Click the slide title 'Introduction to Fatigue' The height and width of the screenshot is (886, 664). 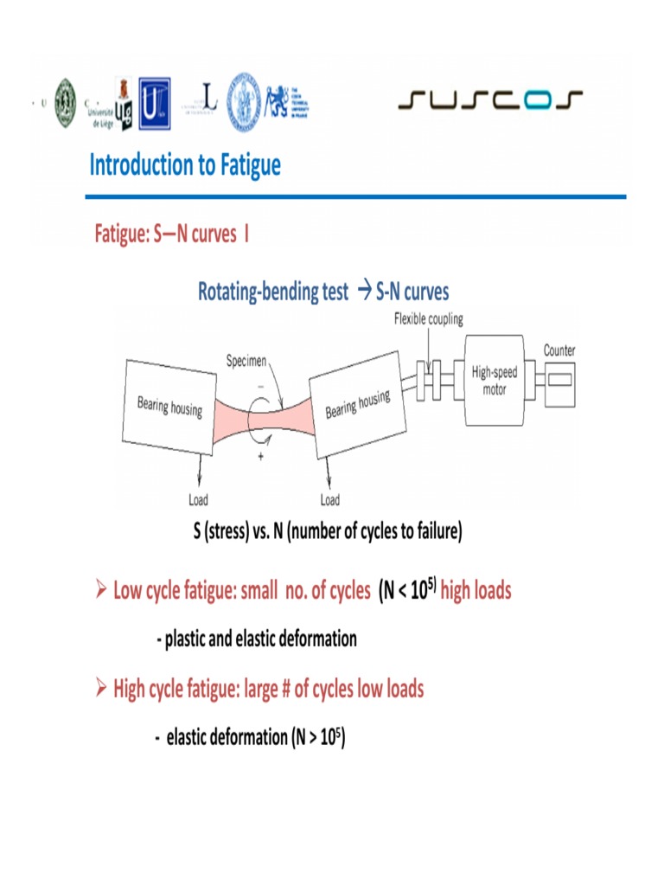pyautogui.click(x=185, y=165)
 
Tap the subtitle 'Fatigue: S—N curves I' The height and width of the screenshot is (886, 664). pyautogui.click(x=172, y=234)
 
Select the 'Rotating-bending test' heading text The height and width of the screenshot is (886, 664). pyautogui.click(x=272, y=292)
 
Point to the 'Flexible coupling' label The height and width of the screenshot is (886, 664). pyautogui.click(x=428, y=318)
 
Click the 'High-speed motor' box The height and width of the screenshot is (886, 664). pyautogui.click(x=494, y=381)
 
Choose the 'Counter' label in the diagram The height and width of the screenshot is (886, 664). pyautogui.click(x=559, y=350)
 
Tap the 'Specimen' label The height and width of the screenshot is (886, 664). pyautogui.click(x=246, y=360)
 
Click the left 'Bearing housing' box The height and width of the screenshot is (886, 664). pyautogui.click(x=169, y=405)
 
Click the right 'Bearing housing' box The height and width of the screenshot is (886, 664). pyautogui.click(x=357, y=403)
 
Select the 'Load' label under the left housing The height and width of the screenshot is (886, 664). pyautogui.click(x=198, y=500)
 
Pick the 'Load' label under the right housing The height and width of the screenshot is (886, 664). pyautogui.click(x=329, y=500)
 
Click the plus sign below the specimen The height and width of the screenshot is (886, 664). pyautogui.click(x=260, y=458)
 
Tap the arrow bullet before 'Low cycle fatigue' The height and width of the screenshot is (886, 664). pyautogui.click(x=100, y=592)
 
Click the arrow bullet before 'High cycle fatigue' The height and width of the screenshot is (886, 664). pyautogui.click(x=100, y=690)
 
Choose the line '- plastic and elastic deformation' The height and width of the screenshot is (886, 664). pyautogui.click(x=256, y=639)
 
